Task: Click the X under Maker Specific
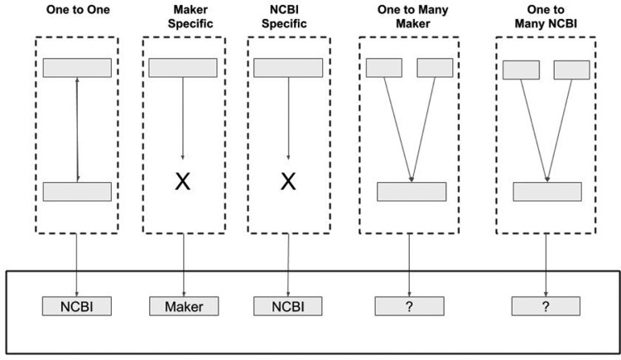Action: coord(182,180)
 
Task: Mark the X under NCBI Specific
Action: coord(288,180)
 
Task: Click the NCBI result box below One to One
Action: coord(77,307)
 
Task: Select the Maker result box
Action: coord(183,307)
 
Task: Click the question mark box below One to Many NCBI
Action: coord(546,307)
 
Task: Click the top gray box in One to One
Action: coord(77,68)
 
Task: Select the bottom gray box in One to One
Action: coord(77,192)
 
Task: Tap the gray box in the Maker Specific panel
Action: coord(182,68)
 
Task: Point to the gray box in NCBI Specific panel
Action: coord(288,68)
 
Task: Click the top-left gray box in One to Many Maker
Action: coord(383,68)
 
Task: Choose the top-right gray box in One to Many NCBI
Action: coord(571,70)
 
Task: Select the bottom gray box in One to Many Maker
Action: coord(412,191)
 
